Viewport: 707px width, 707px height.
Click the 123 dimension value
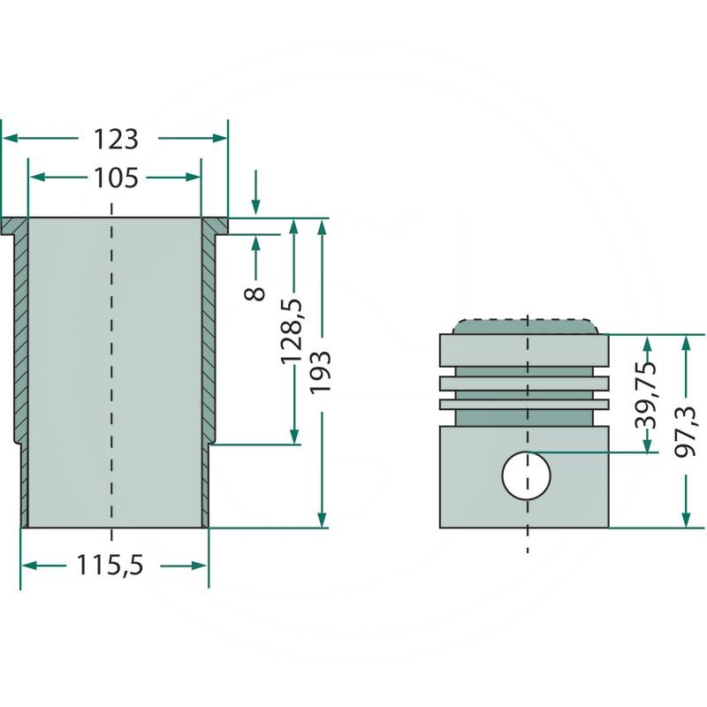116,140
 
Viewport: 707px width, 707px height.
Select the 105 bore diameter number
116,179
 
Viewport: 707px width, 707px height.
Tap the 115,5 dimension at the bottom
110,565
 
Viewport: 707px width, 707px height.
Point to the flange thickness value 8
255,293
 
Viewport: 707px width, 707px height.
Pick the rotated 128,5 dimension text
292,331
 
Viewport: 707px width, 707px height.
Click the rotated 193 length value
320,373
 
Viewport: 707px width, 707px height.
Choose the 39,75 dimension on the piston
645,394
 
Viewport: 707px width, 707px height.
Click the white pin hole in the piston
526,475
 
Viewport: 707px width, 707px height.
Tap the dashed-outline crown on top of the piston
526,326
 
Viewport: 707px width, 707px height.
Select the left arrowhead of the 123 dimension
10,138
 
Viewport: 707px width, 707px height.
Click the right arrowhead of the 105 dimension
193,178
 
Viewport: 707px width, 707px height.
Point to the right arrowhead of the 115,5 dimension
200,566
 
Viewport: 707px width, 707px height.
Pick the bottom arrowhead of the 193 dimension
322,520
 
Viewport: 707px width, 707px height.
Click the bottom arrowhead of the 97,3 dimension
686,520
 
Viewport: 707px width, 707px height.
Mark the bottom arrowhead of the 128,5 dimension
294,437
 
